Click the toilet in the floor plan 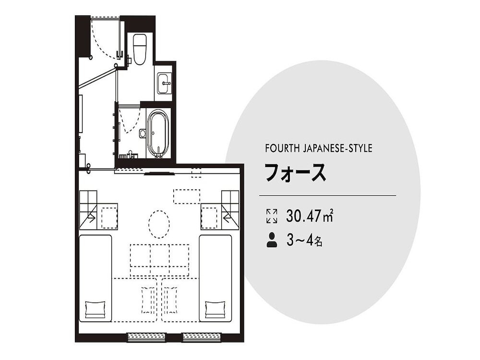(x=140, y=49)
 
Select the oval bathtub (x=158, y=133)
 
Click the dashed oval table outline (x=159, y=224)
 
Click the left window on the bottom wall (x=146, y=337)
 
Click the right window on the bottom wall (x=202, y=337)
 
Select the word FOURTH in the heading (x=281, y=148)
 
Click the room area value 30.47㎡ (x=310, y=216)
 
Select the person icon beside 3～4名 (x=272, y=240)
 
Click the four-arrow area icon (x=272, y=216)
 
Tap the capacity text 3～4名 (x=304, y=240)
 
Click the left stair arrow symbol (x=90, y=218)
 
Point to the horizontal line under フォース (x=327, y=196)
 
